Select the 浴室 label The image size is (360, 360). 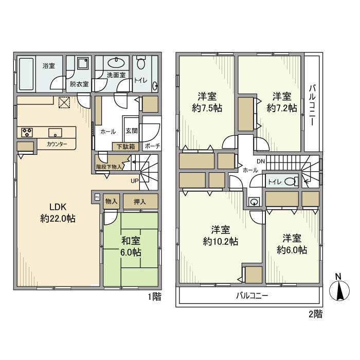coord(49,66)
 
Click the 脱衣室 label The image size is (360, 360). coord(79,84)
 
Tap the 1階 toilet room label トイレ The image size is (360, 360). coord(140,80)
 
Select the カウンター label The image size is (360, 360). coord(57,145)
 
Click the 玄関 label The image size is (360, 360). coord(130,131)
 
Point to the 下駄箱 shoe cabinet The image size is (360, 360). coord(125,147)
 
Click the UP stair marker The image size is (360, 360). coord(134,181)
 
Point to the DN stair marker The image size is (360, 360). coord(261,161)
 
